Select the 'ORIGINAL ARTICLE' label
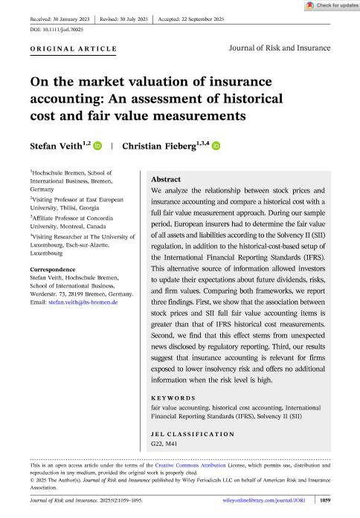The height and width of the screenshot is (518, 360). click(x=73, y=49)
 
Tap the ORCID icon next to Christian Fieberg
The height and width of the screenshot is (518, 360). click(x=216, y=147)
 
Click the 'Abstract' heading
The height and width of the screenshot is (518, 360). click(x=167, y=180)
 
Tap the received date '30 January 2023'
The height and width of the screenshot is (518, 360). click(x=79, y=16)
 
